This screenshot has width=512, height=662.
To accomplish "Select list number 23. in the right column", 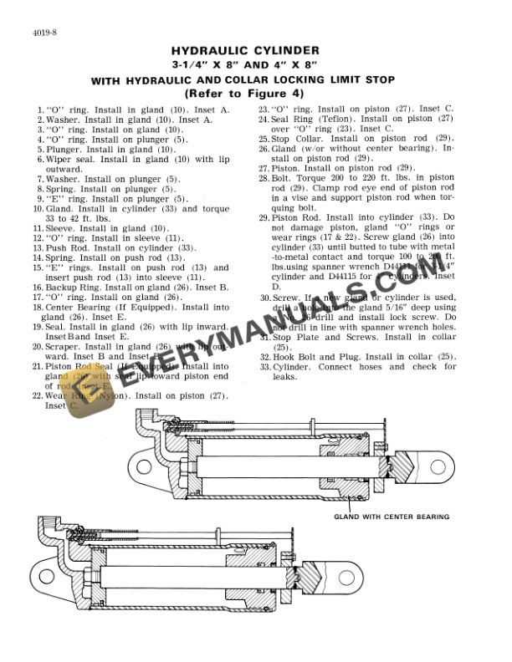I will (263, 109).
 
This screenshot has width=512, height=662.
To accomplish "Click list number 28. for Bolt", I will (263, 179).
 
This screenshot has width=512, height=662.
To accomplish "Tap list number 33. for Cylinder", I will (263, 367).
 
